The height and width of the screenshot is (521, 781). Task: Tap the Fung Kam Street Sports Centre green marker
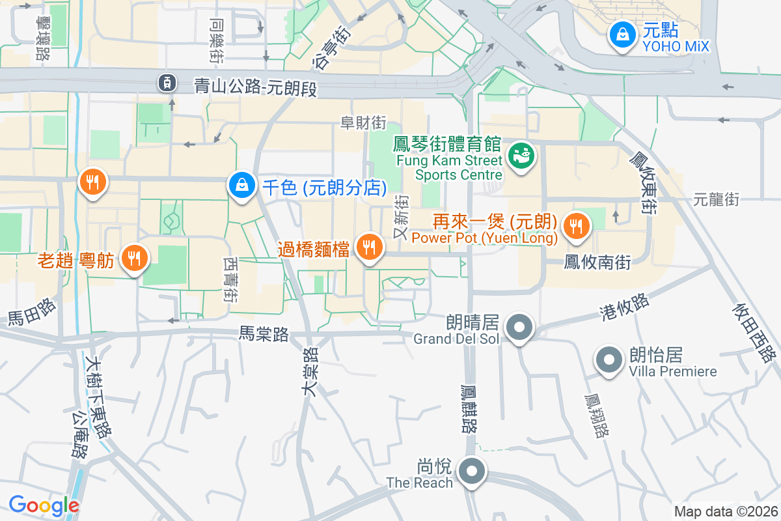[521, 155]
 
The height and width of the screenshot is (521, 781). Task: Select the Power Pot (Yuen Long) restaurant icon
[575, 226]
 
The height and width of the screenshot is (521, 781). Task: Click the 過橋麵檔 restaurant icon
[370, 247]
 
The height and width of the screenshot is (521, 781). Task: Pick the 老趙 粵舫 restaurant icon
[134, 258]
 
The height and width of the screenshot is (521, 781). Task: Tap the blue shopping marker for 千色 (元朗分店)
[241, 186]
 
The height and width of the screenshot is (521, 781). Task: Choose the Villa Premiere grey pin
[609, 359]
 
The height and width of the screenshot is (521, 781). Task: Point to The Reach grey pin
[471, 472]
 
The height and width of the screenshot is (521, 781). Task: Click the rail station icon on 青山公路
[167, 82]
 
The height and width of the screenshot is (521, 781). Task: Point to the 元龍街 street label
[716, 199]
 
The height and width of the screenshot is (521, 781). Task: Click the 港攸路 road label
[624, 307]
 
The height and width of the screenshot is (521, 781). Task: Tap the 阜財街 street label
[363, 122]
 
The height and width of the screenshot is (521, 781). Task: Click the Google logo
[44, 505]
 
